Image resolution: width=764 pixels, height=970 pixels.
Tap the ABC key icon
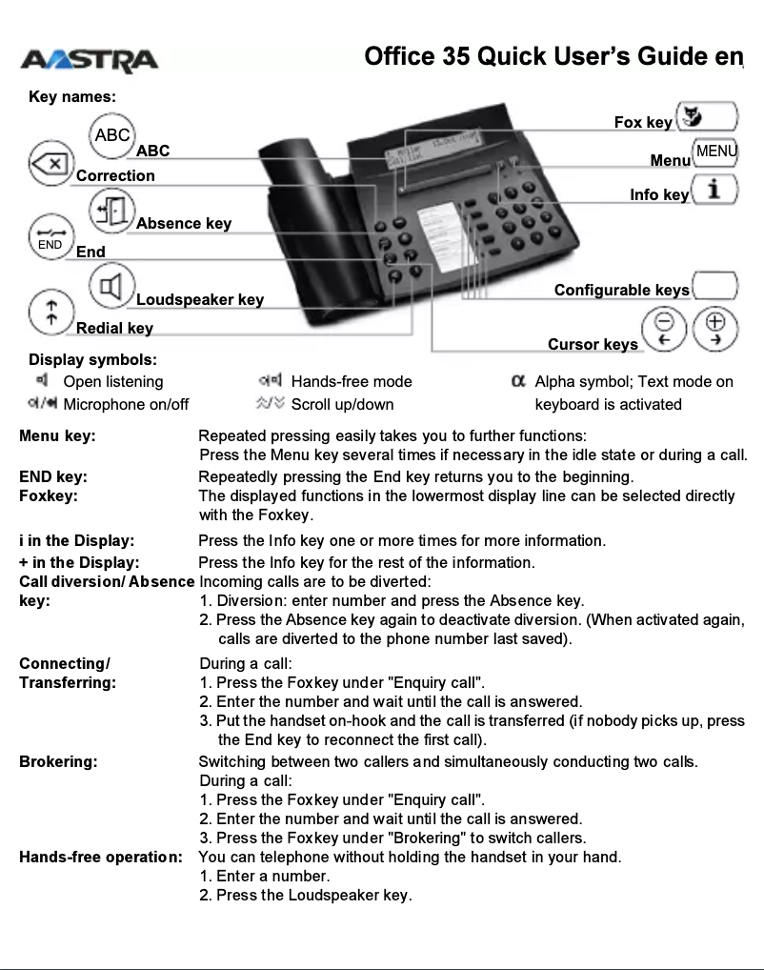pyautogui.click(x=113, y=135)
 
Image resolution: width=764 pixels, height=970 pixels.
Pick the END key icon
pyautogui.click(x=50, y=239)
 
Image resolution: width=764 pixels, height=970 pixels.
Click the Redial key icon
pyautogui.click(x=50, y=313)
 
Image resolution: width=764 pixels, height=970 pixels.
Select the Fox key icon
pyautogui.click(x=707, y=118)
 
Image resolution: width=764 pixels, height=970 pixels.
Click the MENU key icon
pyautogui.click(x=715, y=152)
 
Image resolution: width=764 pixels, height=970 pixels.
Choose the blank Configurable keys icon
pyautogui.click(x=715, y=285)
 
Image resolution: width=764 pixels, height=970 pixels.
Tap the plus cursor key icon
pyautogui.click(x=715, y=330)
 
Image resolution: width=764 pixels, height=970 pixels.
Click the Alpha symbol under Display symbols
pyautogui.click(x=519, y=381)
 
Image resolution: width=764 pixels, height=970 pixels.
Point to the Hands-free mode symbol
pyautogui.click(x=271, y=381)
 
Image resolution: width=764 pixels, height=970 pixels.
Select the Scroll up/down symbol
pyautogui.click(x=271, y=404)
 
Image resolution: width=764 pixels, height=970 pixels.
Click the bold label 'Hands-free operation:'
pyautogui.click(x=101, y=857)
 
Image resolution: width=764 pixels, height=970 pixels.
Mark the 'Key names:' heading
pyautogui.click(x=72, y=97)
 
